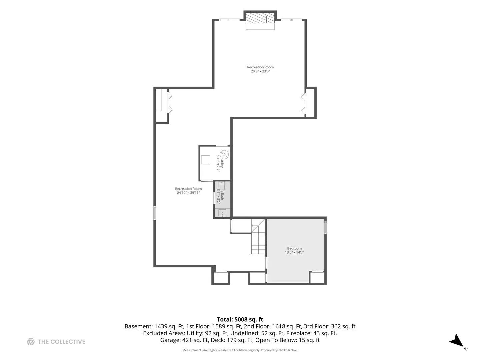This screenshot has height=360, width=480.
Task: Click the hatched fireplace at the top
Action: click(260, 17)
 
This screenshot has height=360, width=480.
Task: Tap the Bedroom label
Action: click(294, 248)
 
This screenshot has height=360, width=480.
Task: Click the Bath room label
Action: click(222, 196)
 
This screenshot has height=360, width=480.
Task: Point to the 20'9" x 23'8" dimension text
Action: click(260, 71)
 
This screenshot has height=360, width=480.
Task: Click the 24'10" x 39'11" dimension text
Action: click(188, 193)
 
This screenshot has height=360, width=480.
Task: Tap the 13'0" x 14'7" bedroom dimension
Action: click(294, 252)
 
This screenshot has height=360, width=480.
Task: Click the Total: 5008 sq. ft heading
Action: click(240, 319)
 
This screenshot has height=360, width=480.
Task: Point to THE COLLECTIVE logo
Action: click(56, 341)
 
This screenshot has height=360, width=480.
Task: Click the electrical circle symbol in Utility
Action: click(224, 155)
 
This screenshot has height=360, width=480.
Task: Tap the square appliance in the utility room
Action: click(206, 160)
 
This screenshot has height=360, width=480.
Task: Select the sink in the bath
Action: click(222, 213)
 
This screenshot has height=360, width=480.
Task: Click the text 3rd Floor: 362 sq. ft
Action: click(330, 326)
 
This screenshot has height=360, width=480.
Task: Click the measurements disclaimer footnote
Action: click(240, 350)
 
